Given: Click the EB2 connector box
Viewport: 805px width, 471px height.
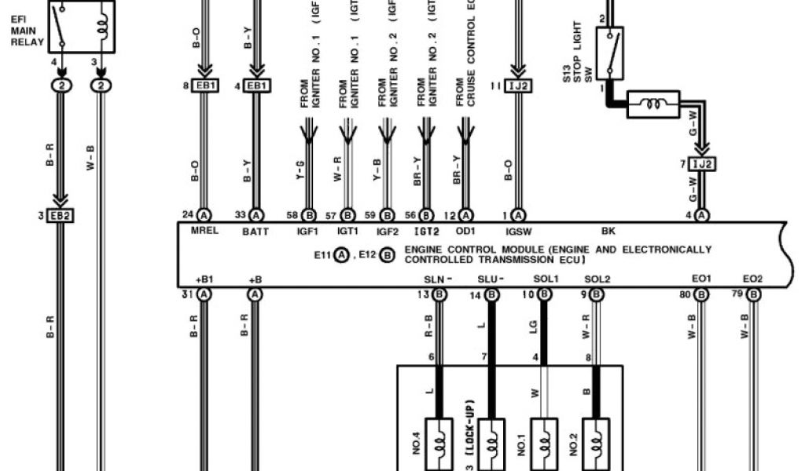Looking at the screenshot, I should click(x=61, y=215).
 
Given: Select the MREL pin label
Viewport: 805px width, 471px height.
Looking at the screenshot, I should click(x=204, y=231).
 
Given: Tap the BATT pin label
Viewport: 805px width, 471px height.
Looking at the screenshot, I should click(x=255, y=231).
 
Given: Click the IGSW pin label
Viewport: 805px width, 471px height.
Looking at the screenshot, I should click(x=519, y=231).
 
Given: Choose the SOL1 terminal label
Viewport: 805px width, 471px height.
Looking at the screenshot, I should click(x=545, y=279).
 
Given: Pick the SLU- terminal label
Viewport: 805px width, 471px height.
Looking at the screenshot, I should click(x=491, y=279).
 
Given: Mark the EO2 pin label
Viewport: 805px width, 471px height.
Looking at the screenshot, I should click(x=752, y=279).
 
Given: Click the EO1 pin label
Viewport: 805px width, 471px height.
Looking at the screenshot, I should click(x=701, y=279).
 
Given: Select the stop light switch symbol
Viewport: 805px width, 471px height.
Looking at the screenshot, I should click(x=609, y=53).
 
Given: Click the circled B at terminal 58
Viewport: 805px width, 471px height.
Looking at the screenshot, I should click(x=309, y=215).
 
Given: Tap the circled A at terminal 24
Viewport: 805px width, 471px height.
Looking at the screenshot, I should click(x=204, y=215).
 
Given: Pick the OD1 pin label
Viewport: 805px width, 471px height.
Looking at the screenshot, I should click(x=465, y=231).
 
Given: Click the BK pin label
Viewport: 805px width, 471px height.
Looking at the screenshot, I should click(x=608, y=231).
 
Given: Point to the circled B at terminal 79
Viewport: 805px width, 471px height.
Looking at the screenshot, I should click(x=753, y=294).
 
